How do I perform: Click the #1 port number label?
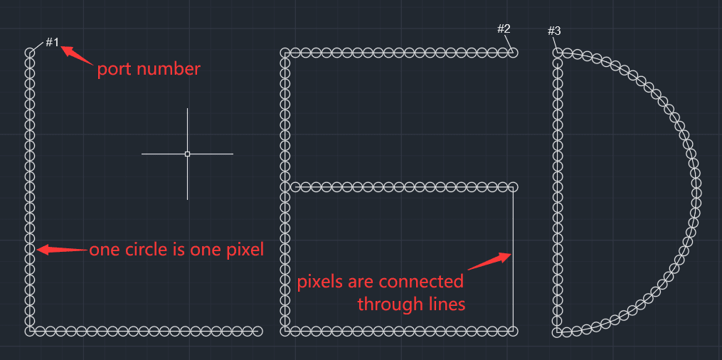pyautogui.click(x=53, y=43)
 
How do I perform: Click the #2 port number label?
pyautogui.click(x=504, y=29)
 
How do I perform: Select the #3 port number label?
pyautogui.click(x=554, y=31)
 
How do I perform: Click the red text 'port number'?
pyautogui.click(x=149, y=70)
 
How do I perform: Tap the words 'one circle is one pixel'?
pyautogui.click(x=176, y=250)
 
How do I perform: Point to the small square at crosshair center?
pyautogui.click(x=187, y=154)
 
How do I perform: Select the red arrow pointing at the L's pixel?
pyautogui.click(x=61, y=250)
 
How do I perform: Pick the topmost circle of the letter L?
pyautogui.click(x=30, y=53)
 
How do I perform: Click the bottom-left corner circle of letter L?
pyautogui.click(x=30, y=331)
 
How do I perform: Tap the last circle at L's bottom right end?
pyautogui.click(x=258, y=331)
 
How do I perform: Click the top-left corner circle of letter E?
pyautogui.click(x=285, y=53)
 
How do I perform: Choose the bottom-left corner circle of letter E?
pyautogui.click(x=285, y=331)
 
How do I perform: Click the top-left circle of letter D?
pyautogui.click(x=558, y=53)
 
